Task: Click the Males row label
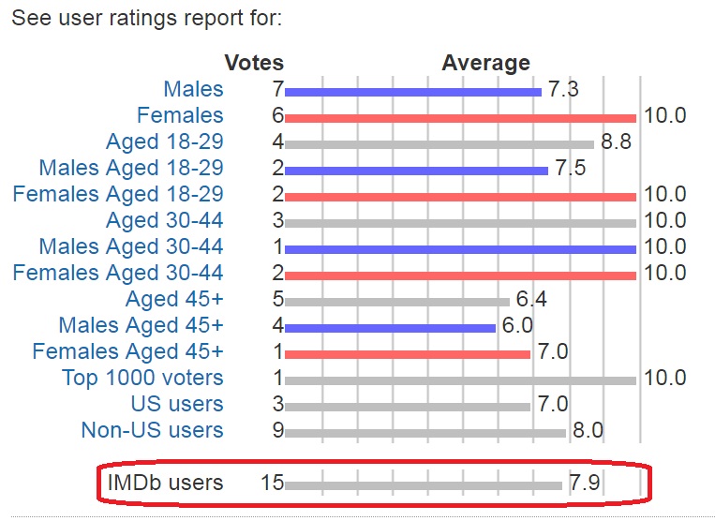pyautogui.click(x=193, y=90)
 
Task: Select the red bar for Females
pyautogui.click(x=460, y=118)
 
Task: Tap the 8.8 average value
pyautogui.click(x=616, y=143)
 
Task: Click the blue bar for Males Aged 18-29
pyautogui.click(x=416, y=171)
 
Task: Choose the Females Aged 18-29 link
pyautogui.click(x=118, y=195)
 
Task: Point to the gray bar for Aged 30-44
pyautogui.click(x=460, y=223)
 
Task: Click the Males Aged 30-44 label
pyautogui.click(x=131, y=247)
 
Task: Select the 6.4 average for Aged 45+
pyautogui.click(x=530, y=301)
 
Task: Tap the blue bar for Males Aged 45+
pyautogui.click(x=390, y=328)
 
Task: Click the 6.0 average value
pyautogui.click(x=516, y=326)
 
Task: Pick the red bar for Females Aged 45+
pyautogui.click(x=408, y=354)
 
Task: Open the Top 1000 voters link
pyautogui.click(x=142, y=379)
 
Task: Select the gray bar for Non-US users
pyautogui.click(x=425, y=433)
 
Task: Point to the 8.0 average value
pyautogui.click(x=588, y=431)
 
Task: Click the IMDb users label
pyautogui.click(x=165, y=484)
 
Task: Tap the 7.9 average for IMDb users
pyautogui.click(x=584, y=484)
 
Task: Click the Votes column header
pyautogui.click(x=254, y=64)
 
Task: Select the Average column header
pyautogui.click(x=485, y=64)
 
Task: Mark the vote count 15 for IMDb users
pyautogui.click(x=272, y=484)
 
